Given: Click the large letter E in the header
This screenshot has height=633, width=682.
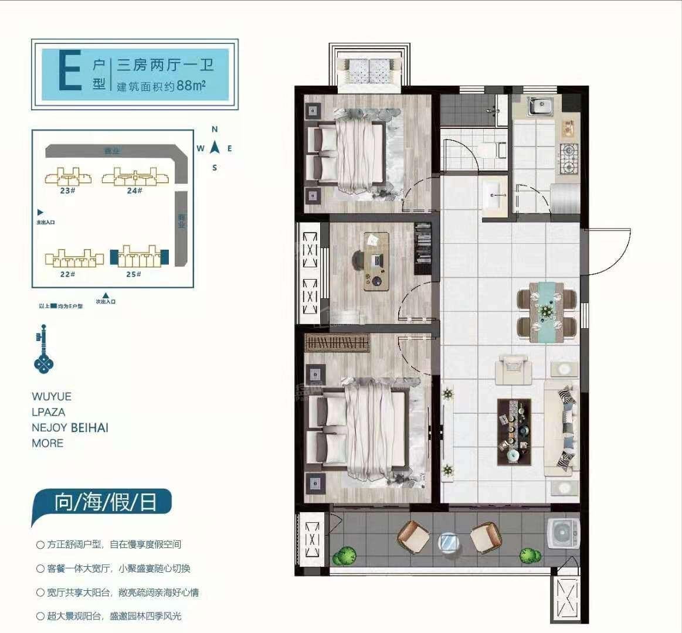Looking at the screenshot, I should coord(70,71).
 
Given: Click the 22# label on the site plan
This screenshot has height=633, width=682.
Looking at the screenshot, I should coord(67,274).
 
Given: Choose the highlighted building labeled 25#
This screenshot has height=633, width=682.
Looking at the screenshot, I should coord(139,257).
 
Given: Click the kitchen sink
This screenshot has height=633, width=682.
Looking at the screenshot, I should coord(540,107).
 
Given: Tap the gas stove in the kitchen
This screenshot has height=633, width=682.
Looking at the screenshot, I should coord(567,158).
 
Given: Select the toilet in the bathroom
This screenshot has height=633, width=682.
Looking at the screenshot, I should coord(500,149).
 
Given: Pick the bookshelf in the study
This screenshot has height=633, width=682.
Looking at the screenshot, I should coord(423,249).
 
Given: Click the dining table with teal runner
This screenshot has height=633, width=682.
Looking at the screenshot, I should coord(546,311).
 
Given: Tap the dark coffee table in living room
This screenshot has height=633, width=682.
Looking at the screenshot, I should coord(514,432).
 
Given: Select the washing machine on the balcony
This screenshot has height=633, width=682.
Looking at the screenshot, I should coord(562,534).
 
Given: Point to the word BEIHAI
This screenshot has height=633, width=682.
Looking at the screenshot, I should coord(90,427).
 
